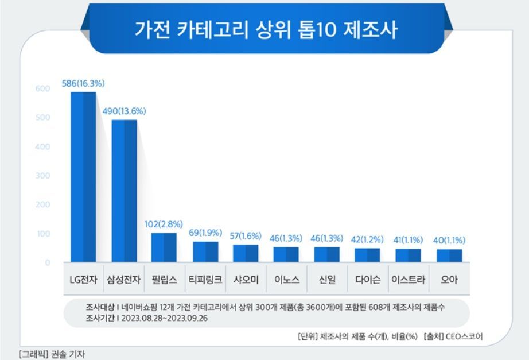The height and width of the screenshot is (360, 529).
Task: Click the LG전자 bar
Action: point(83,177)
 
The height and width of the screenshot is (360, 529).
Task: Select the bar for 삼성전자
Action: point(124,191)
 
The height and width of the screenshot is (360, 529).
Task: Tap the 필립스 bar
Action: point(164,247)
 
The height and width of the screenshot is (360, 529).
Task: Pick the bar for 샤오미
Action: point(246,253)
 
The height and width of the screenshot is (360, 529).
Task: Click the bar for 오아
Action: point(449,256)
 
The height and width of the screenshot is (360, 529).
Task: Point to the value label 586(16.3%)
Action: point(83,84)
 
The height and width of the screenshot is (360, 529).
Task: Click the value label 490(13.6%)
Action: point(124,111)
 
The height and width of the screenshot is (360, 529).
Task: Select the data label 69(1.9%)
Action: point(205,234)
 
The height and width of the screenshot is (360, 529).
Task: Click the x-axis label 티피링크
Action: point(205,280)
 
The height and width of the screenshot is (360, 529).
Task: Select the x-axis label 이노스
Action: point(286,280)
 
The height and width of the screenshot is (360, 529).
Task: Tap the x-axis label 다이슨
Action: point(367,280)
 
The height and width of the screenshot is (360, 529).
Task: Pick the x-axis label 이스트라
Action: point(408,280)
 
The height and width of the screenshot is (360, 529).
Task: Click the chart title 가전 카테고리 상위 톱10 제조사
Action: point(265,29)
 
